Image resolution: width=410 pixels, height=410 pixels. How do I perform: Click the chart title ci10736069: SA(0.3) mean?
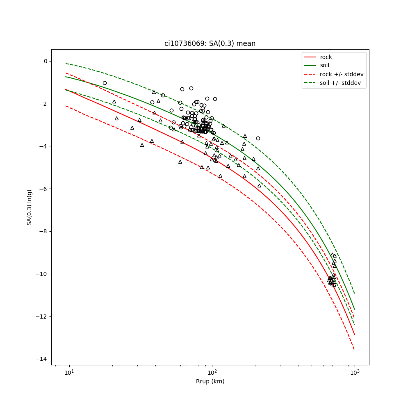point(210,43)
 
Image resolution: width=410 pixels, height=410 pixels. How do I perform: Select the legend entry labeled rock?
point(326,57)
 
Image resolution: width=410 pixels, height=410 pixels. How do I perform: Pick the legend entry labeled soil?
point(324,65)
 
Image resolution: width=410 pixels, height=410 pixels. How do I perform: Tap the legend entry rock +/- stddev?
point(342,74)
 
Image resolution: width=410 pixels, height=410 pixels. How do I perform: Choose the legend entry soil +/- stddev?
point(341,83)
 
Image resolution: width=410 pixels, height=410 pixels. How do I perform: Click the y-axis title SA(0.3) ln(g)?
point(30,207)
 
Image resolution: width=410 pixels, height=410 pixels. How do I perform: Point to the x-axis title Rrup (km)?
point(210,381)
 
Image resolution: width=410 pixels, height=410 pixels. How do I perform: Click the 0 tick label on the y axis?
point(45,61)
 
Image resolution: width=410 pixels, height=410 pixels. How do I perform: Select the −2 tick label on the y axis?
point(43,104)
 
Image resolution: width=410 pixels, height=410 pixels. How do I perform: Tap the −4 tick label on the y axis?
point(43,146)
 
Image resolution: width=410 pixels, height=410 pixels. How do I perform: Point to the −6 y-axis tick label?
point(43,189)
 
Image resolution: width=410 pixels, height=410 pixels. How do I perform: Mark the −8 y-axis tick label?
point(43,231)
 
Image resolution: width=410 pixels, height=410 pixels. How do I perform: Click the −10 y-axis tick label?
point(41,274)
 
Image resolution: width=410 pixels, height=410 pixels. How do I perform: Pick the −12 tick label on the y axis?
point(41,317)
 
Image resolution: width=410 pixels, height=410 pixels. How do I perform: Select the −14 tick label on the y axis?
point(41,359)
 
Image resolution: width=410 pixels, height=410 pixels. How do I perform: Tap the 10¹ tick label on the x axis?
point(69,371)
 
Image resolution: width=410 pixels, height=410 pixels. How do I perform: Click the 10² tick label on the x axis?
point(212,371)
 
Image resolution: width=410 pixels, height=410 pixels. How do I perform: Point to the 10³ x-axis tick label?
point(355,371)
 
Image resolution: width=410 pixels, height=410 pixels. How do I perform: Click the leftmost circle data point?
point(105,83)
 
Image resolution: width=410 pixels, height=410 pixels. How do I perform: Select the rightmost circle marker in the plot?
point(258,138)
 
